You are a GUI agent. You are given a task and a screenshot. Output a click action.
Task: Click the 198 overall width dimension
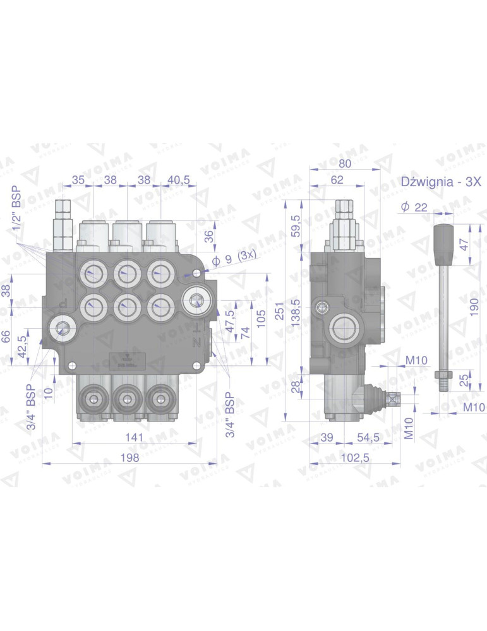(131, 458)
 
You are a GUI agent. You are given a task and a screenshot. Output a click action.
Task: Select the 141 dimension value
(133, 437)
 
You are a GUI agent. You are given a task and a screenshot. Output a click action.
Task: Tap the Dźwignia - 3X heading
(442, 182)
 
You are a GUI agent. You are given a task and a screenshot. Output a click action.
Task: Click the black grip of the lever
(445, 242)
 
